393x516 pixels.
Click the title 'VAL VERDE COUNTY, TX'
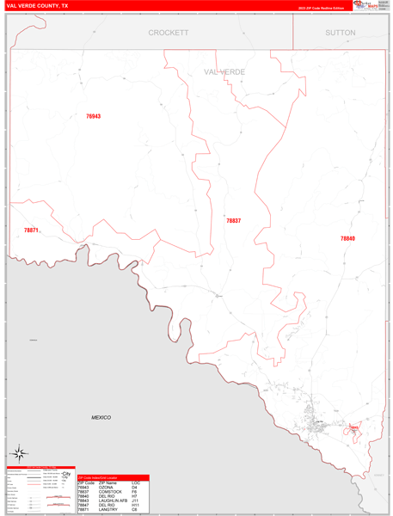pyautogui.click(x=38, y=5)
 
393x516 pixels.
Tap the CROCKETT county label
pyautogui.click(x=168, y=33)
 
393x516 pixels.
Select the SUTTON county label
pyautogui.click(x=340, y=33)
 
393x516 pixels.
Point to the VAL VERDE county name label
pyautogui.click(x=224, y=72)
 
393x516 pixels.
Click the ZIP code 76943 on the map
pyautogui.click(x=93, y=116)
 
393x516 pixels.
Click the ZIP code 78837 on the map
pyautogui.click(x=234, y=221)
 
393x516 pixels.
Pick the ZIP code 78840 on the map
pyautogui.click(x=347, y=238)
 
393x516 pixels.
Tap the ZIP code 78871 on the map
pyautogui.click(x=31, y=230)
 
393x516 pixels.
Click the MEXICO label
pyautogui.click(x=101, y=417)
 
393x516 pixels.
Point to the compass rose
pyautogui.click(x=19, y=452)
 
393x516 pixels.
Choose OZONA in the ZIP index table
pyautogui.click(x=104, y=488)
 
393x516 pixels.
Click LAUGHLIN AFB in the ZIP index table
pyautogui.click(x=111, y=501)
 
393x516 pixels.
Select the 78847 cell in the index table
pyautogui.click(x=83, y=505)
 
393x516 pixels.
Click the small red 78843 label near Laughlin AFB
pyautogui.click(x=353, y=427)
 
